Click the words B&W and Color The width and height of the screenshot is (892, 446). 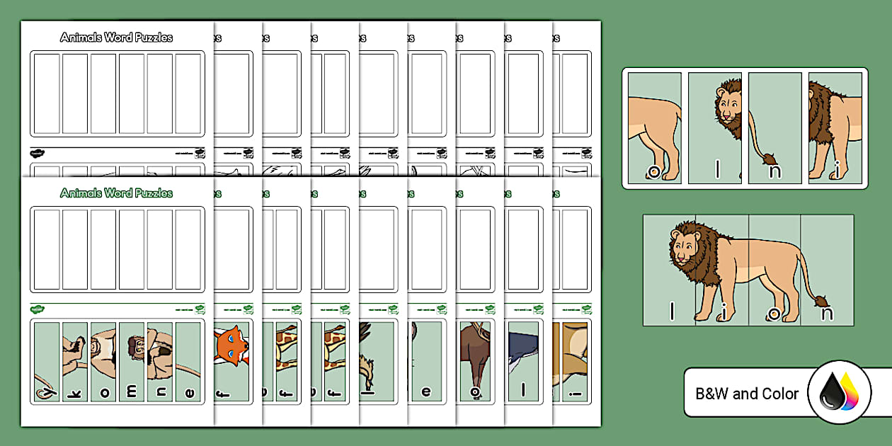click(x=747, y=394)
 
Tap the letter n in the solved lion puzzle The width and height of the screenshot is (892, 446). click(x=826, y=313)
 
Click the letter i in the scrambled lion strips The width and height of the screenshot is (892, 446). click(x=836, y=171)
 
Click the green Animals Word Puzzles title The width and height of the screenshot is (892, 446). click(x=117, y=193)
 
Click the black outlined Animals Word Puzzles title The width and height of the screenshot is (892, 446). click(x=117, y=37)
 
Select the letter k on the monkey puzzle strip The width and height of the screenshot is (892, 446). click(x=74, y=391)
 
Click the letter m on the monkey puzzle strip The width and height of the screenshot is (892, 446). click(x=131, y=391)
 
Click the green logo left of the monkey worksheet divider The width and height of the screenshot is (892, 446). click(x=38, y=309)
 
